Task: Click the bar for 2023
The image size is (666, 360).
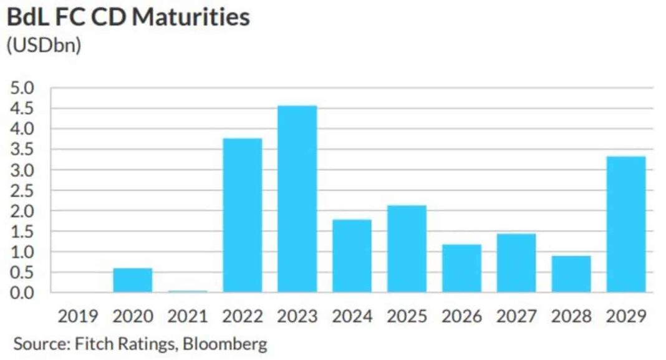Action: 297,199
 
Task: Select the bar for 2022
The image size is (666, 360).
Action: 242,215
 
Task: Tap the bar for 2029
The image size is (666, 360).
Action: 626,224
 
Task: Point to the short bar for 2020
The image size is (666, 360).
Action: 132,280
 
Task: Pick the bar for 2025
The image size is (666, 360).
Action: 407,249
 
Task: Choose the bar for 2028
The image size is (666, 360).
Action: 571,274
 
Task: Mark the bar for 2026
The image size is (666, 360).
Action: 461,268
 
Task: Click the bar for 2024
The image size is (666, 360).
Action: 352,256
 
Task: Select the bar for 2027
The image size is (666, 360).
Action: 516,263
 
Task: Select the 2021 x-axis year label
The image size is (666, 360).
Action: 187,316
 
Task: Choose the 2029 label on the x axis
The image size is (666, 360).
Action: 626,316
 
